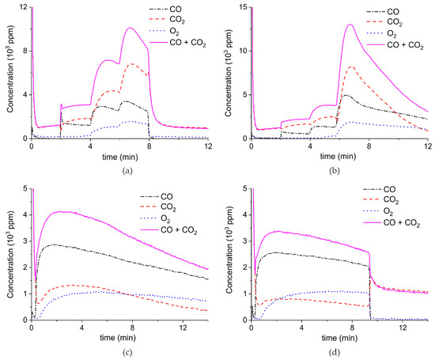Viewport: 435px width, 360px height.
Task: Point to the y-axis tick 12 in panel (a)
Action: (24, 7)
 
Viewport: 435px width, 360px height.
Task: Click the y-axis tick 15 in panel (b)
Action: (244, 7)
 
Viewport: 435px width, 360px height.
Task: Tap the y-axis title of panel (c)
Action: (9, 255)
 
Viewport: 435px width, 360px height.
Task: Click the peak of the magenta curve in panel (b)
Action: (349, 25)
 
